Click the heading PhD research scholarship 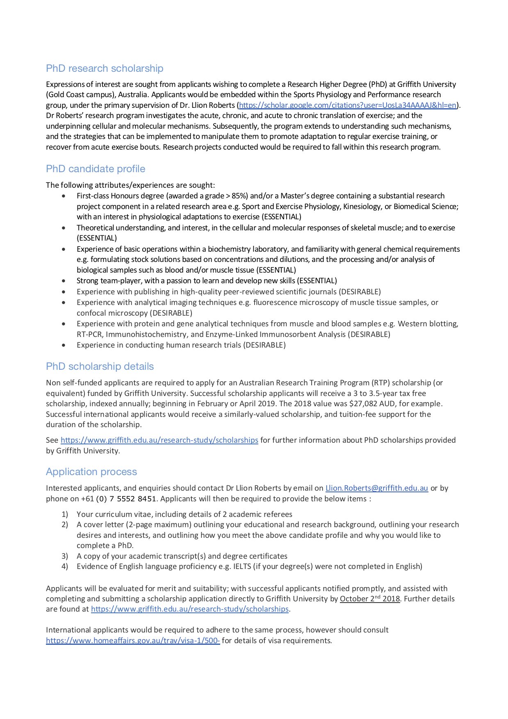(x=105, y=68)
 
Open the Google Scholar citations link (x=348, y=105)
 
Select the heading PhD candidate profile (x=96, y=169)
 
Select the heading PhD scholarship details (x=100, y=366)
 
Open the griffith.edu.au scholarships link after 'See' (x=159, y=440)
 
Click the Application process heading (x=91, y=472)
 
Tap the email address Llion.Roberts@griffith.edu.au (x=376, y=488)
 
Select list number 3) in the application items (x=65, y=556)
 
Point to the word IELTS (x=242, y=567)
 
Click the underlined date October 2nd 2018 (x=370, y=599)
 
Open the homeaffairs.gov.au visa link (x=133, y=641)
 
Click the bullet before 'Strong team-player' (x=64, y=281)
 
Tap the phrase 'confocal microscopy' (x=112, y=313)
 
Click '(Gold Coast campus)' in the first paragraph (x=81, y=95)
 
